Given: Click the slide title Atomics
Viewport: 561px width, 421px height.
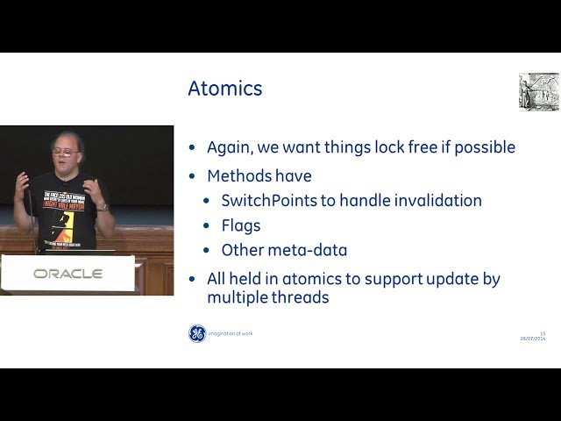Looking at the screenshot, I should (224, 89).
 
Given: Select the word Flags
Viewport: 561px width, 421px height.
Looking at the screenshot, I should (242, 225).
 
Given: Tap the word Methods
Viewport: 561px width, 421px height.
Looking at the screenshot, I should (242, 176).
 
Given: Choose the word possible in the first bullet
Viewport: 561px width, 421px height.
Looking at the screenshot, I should (484, 148).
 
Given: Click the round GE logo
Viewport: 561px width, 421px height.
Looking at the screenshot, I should (197, 333).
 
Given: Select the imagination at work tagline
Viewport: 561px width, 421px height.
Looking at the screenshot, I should (231, 333).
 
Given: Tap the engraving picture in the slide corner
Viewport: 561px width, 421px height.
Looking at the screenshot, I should (538, 91).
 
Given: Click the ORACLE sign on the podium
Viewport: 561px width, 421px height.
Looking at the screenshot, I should (67, 274).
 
